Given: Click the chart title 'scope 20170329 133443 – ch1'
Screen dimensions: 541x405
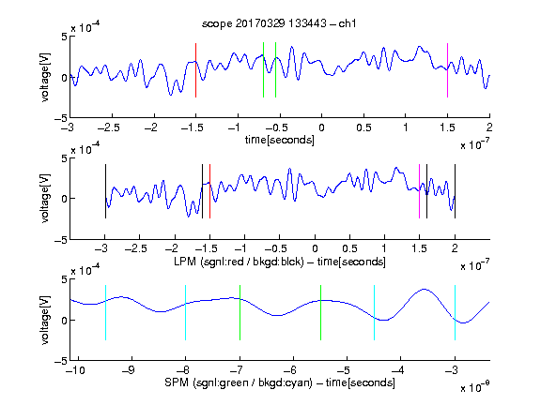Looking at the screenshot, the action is (x=279, y=23).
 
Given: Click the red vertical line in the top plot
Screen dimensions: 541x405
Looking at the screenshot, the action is (x=195, y=70).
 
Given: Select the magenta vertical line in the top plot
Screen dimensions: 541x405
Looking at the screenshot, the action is (x=447, y=70).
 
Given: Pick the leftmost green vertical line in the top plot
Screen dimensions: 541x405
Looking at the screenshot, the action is (x=263, y=70).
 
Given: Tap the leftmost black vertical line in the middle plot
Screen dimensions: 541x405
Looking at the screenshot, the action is (x=105, y=191).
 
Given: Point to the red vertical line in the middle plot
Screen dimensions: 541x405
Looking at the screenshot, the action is (x=209, y=191).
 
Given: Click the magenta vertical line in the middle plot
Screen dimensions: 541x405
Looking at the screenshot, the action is (x=419, y=191).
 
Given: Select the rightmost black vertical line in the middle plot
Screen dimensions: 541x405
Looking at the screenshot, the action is (x=455, y=191).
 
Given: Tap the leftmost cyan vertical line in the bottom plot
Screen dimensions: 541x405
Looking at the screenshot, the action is (x=105, y=313).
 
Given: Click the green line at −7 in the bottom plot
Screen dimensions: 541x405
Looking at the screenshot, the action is (x=240, y=313).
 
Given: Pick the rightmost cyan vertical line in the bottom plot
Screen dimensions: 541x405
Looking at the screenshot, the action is (x=455, y=313).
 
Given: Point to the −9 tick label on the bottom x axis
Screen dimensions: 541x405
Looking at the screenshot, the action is (x=129, y=370).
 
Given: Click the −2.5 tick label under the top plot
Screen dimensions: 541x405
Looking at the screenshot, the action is (x=109, y=127).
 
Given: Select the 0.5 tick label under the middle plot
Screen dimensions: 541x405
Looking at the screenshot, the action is (x=349, y=248).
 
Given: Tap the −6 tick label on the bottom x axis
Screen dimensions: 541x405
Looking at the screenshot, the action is (x=290, y=370).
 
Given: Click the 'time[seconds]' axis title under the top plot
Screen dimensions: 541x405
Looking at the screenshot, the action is (x=280, y=140).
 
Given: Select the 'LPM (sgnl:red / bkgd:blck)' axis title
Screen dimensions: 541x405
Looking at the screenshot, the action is (x=239, y=262).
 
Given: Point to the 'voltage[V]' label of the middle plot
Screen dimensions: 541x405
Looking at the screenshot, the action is (x=45, y=198).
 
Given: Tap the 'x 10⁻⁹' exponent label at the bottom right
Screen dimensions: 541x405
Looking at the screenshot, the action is (x=474, y=387).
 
